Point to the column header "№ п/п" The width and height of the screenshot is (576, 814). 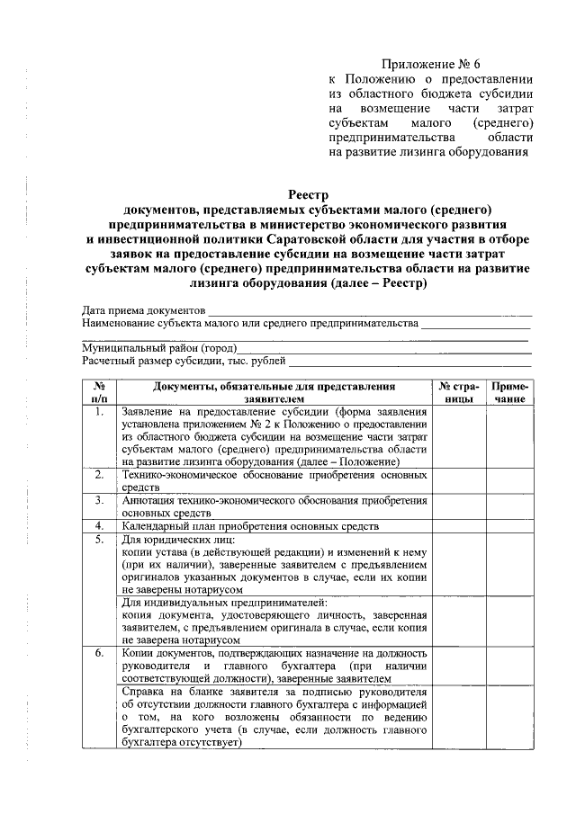pyautogui.click(x=99, y=391)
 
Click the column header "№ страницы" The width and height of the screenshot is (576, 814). pyautogui.click(x=459, y=391)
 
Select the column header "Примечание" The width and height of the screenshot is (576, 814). pyautogui.click(x=509, y=391)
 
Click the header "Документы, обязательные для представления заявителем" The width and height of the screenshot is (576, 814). pyautogui.click(x=274, y=391)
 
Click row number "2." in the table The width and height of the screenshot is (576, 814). pyautogui.click(x=99, y=473)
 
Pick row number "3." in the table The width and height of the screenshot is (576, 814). pyautogui.click(x=99, y=499)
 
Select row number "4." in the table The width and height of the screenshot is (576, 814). pyautogui.click(x=99, y=526)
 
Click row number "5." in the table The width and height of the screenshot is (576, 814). pyautogui.click(x=99, y=539)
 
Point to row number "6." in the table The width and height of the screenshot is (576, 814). pyautogui.click(x=99, y=652)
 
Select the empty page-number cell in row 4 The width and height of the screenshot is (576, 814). pyautogui.click(x=459, y=526)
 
